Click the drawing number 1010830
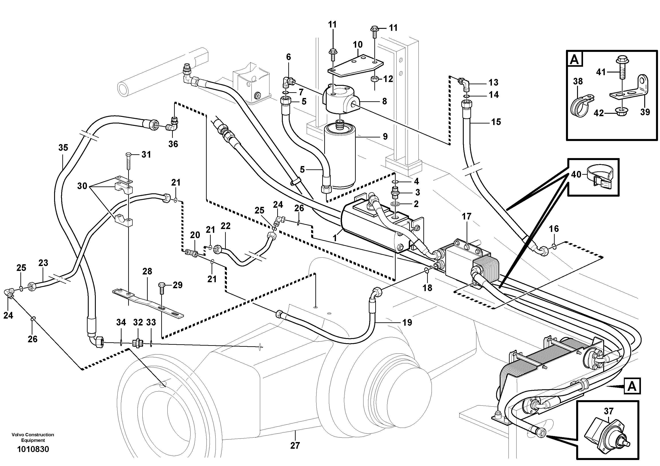[33, 449]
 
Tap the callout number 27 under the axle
[295, 445]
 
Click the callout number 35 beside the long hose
[63, 148]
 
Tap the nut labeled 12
[375, 79]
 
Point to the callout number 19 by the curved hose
[407, 322]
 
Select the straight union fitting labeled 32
[137, 343]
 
